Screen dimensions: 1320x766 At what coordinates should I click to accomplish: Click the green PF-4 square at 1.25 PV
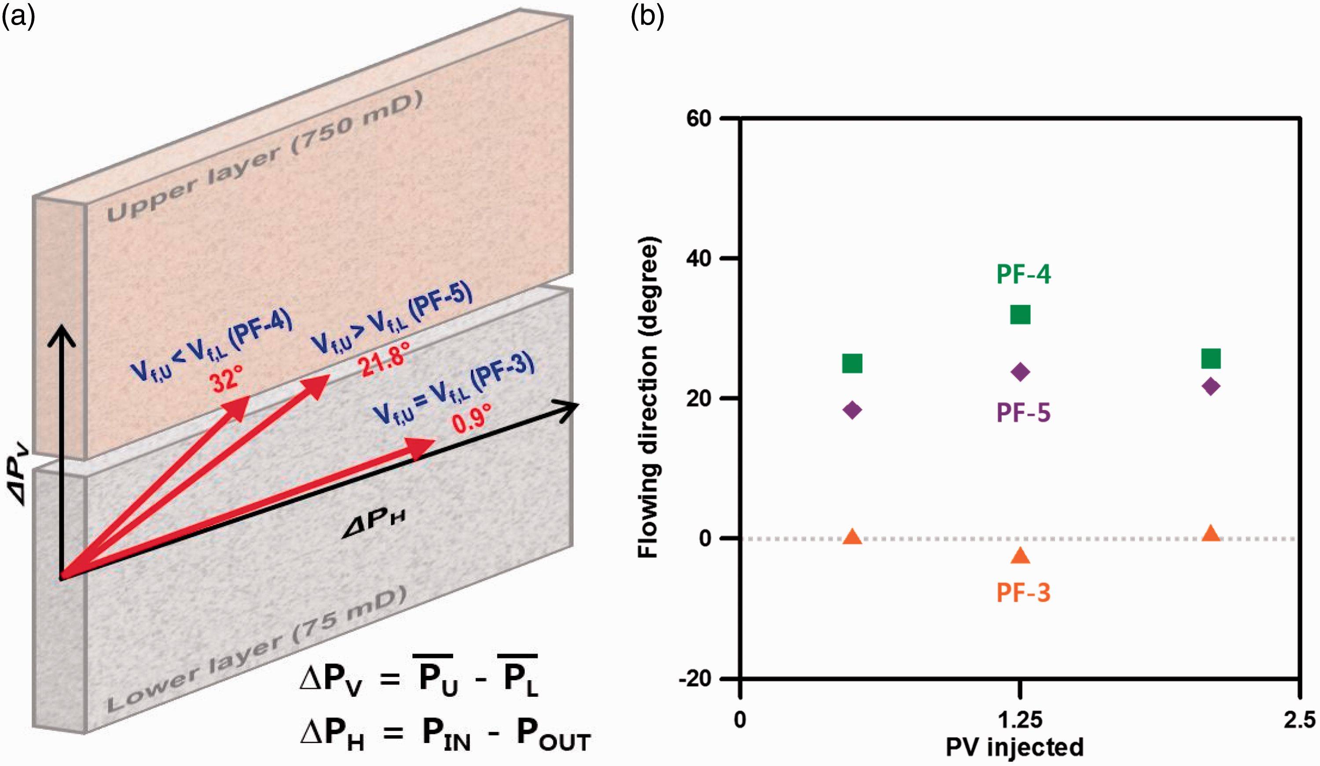tap(1020, 315)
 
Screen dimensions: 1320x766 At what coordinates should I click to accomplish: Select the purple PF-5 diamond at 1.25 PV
tap(1020, 372)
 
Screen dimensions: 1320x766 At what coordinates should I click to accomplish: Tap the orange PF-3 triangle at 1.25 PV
tap(1020, 556)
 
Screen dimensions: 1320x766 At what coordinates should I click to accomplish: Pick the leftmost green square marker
tap(852, 363)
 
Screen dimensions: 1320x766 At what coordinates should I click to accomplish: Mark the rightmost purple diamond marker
tap(1211, 387)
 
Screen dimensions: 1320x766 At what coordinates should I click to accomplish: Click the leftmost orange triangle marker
tap(852, 536)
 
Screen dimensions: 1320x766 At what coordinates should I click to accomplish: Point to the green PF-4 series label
tap(1023, 274)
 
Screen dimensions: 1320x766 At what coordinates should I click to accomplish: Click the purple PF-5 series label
tap(1023, 412)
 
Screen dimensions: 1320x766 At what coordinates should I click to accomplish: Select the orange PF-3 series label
tap(1023, 593)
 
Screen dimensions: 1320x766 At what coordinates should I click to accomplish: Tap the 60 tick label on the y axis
tap(699, 118)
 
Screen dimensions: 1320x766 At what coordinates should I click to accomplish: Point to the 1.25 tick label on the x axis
tap(1019, 720)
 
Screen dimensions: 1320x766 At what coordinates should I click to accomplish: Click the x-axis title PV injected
tap(1015, 747)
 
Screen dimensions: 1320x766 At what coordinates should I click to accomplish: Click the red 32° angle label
tap(227, 378)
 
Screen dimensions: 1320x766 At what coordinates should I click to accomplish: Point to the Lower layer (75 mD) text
tap(257, 650)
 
